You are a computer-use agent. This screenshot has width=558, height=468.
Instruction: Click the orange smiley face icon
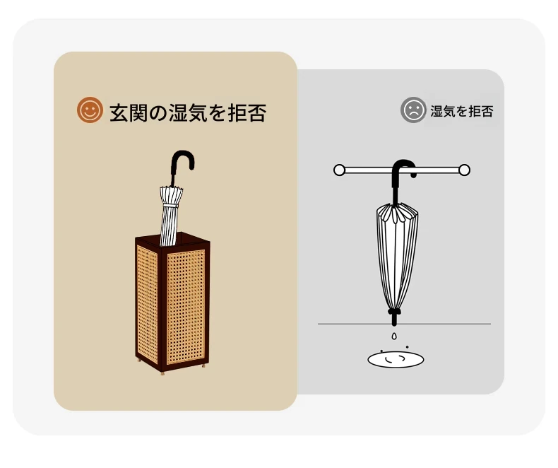[90, 110]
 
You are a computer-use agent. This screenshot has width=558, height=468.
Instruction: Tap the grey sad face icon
[413, 110]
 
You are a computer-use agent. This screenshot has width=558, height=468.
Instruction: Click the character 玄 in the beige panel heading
[119, 113]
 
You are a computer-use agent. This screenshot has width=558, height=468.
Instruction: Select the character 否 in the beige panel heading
[257, 113]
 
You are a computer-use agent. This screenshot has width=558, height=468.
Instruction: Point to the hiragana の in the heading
[158, 113]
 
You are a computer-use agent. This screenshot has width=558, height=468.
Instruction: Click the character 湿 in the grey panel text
[437, 112]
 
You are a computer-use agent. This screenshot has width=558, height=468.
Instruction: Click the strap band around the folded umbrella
[170, 206]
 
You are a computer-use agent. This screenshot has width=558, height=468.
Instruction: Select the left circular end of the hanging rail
[339, 170]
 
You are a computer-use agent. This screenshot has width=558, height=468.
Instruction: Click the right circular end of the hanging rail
[464, 170]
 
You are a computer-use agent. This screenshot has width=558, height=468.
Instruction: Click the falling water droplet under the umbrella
[394, 336]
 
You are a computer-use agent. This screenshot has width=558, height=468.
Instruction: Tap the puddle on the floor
[396, 359]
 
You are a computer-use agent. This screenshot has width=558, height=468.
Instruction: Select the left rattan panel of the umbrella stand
[147, 304]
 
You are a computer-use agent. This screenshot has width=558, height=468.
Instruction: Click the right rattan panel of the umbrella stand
[185, 307]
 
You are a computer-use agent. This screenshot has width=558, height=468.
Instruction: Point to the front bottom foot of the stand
[162, 373]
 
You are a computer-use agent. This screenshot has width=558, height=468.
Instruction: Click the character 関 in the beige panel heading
[138, 113]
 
